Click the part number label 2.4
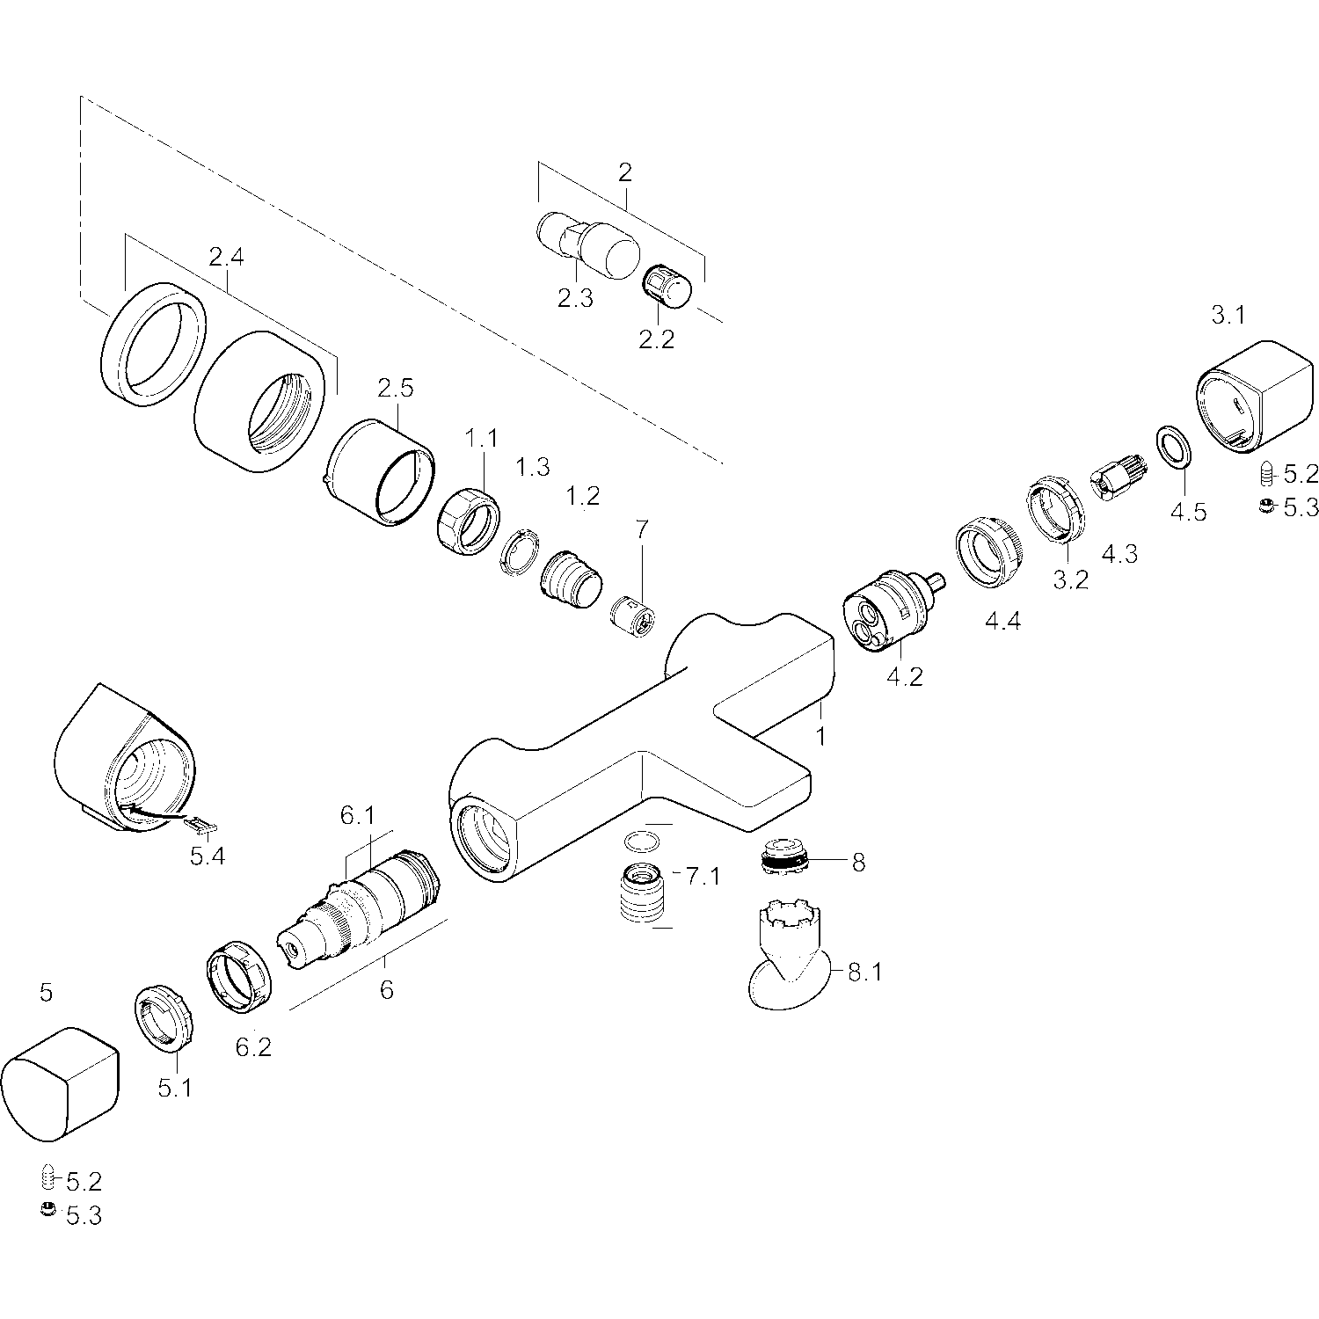coord(226,258)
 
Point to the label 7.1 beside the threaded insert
coord(703,877)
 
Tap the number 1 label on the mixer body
coord(820,736)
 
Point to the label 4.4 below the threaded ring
coord(1002,622)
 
